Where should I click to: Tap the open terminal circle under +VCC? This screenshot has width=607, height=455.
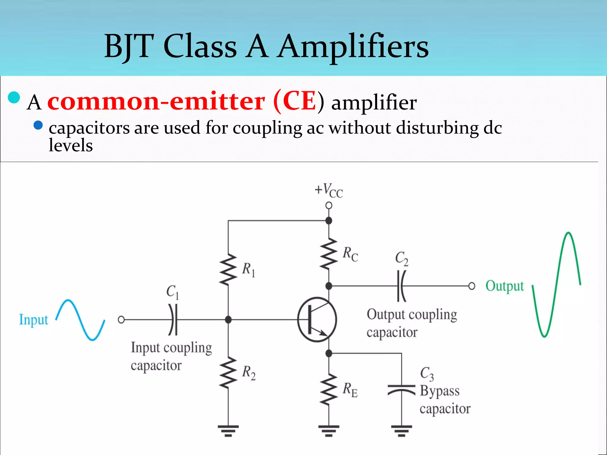pos(329,205)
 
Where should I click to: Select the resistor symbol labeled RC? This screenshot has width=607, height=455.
pos(329,254)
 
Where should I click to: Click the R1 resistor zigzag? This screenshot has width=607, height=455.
pos(228,270)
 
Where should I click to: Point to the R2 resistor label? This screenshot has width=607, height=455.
pos(249,372)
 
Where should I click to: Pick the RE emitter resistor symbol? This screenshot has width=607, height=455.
pos(329,389)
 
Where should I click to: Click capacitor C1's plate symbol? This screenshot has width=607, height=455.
pos(173,320)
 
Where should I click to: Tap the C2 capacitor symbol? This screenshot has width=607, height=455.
pos(401,286)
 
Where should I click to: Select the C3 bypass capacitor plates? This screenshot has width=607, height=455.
pos(401,390)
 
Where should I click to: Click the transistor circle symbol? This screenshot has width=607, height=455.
pos(317,320)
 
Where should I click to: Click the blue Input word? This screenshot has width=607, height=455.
pos(33,320)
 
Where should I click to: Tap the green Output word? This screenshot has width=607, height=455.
pos(504,286)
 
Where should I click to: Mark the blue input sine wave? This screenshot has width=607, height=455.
pos(80,320)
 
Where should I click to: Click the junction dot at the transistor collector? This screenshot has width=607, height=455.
pos(329,286)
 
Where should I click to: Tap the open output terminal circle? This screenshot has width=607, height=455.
pos(472,286)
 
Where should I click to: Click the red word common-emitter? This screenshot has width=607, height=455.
pos(156,102)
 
